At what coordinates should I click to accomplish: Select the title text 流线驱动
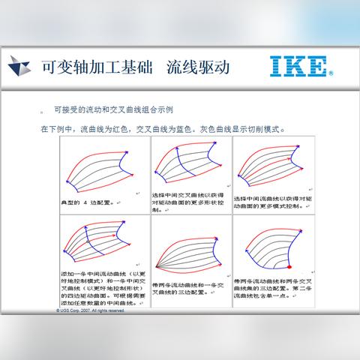click(197, 66)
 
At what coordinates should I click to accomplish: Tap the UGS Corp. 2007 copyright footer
click(91, 310)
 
